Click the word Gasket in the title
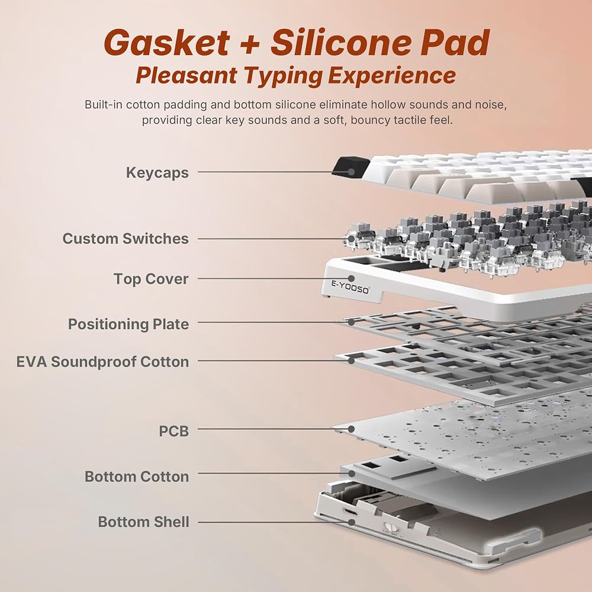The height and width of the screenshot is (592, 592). (x=167, y=42)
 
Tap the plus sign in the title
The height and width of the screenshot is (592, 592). (x=250, y=43)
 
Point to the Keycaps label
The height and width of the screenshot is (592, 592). (x=157, y=172)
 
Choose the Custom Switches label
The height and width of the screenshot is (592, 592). (x=126, y=239)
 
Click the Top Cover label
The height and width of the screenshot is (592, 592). (x=151, y=279)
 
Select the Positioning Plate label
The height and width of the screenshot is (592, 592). (x=128, y=324)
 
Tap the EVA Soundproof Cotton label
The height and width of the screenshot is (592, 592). (x=102, y=362)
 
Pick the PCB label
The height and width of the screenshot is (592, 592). (x=173, y=431)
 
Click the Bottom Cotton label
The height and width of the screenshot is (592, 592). (x=137, y=477)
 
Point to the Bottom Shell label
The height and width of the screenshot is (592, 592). (x=143, y=522)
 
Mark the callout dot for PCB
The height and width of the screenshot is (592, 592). (x=352, y=429)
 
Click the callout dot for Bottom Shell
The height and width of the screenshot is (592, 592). (x=352, y=522)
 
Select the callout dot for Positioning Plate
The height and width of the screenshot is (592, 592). (x=352, y=323)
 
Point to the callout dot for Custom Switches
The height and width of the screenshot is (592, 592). (x=352, y=239)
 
